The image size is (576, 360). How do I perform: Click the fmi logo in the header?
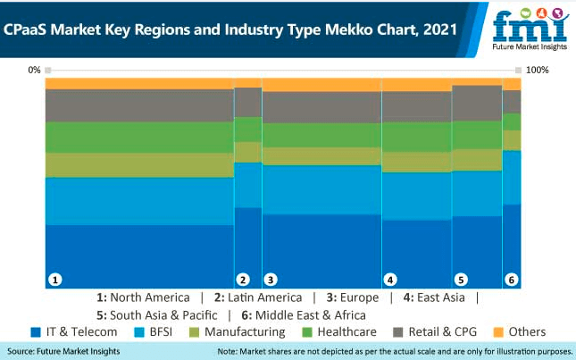(x=528, y=29)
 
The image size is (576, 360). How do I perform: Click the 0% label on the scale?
(x=34, y=70)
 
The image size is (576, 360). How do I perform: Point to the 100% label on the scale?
(x=538, y=70)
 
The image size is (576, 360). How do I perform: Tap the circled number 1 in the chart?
(x=55, y=280)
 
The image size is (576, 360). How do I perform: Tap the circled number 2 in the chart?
(x=242, y=280)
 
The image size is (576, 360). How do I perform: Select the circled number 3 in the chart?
(x=271, y=280)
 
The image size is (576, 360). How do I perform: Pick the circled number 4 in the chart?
(x=389, y=280)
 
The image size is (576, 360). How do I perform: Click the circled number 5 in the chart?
(x=461, y=280)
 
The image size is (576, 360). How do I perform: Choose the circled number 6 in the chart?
(x=512, y=280)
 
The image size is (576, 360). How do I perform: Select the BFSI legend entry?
(x=154, y=332)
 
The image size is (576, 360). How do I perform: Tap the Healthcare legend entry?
(x=343, y=332)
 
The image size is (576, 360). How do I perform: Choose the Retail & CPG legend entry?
(x=441, y=332)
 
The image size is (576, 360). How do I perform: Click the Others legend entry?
(x=520, y=332)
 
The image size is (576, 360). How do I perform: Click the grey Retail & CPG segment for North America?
(x=139, y=105)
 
